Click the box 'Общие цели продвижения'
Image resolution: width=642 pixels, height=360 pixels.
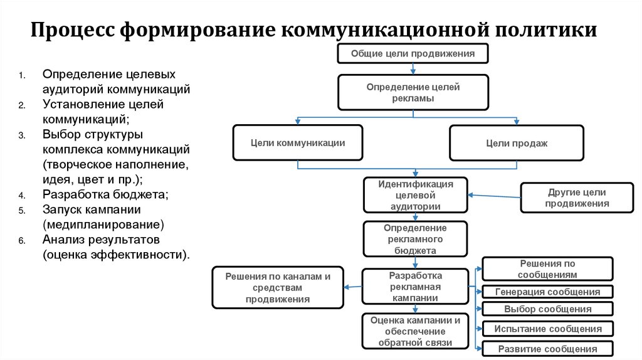(413, 54)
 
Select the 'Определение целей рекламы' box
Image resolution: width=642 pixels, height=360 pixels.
(413, 92)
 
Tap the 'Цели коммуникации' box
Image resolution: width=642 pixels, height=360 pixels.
(298, 142)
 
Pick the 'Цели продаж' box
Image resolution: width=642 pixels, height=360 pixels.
(517, 143)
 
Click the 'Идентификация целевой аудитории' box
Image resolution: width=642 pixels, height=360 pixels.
(415, 195)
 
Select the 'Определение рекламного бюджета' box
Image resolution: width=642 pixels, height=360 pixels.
(415, 239)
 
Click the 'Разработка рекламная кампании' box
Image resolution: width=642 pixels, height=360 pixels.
(415, 287)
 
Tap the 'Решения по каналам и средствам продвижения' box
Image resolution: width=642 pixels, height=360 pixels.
(278, 287)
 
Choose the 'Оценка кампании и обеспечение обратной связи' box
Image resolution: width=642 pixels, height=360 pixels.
(415, 331)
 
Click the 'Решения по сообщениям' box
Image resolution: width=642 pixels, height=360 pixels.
(547, 269)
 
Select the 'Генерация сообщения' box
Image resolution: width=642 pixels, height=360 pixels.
(547, 292)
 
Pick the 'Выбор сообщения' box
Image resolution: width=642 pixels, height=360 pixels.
(547, 309)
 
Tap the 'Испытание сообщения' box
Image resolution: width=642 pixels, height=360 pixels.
(547, 329)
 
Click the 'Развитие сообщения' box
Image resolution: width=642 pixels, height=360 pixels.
(547, 349)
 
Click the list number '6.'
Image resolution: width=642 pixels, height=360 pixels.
(21, 241)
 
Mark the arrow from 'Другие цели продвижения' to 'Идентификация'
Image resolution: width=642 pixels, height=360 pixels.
(495, 196)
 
